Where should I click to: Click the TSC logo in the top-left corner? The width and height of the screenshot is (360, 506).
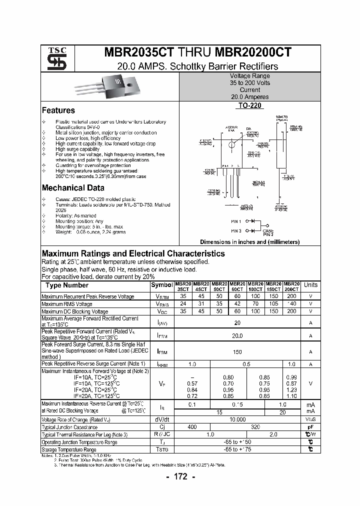(x=53, y=58)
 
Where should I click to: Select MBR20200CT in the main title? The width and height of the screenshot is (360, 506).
(x=253, y=53)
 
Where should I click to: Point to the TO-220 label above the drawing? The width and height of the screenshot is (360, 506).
(x=249, y=106)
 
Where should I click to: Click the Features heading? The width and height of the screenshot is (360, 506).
(x=58, y=110)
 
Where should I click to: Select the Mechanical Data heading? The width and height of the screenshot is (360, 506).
(x=73, y=188)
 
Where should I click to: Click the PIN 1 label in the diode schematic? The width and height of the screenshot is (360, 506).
(x=236, y=221)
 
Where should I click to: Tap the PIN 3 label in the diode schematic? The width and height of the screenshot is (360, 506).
(x=236, y=231)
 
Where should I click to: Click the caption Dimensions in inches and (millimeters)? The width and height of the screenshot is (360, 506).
(x=249, y=242)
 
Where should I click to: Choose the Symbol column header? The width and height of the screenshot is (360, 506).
(x=162, y=285)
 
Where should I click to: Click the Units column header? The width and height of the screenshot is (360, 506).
(x=310, y=285)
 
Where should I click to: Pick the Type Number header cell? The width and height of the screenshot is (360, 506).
(x=67, y=285)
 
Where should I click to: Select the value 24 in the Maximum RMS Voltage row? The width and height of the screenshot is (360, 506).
(x=183, y=303)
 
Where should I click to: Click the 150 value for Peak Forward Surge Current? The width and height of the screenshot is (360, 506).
(x=237, y=352)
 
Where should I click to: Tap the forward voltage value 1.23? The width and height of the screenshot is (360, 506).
(x=292, y=389)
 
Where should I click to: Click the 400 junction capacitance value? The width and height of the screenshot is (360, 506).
(x=192, y=427)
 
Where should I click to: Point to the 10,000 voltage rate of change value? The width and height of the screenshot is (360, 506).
(x=237, y=419)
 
